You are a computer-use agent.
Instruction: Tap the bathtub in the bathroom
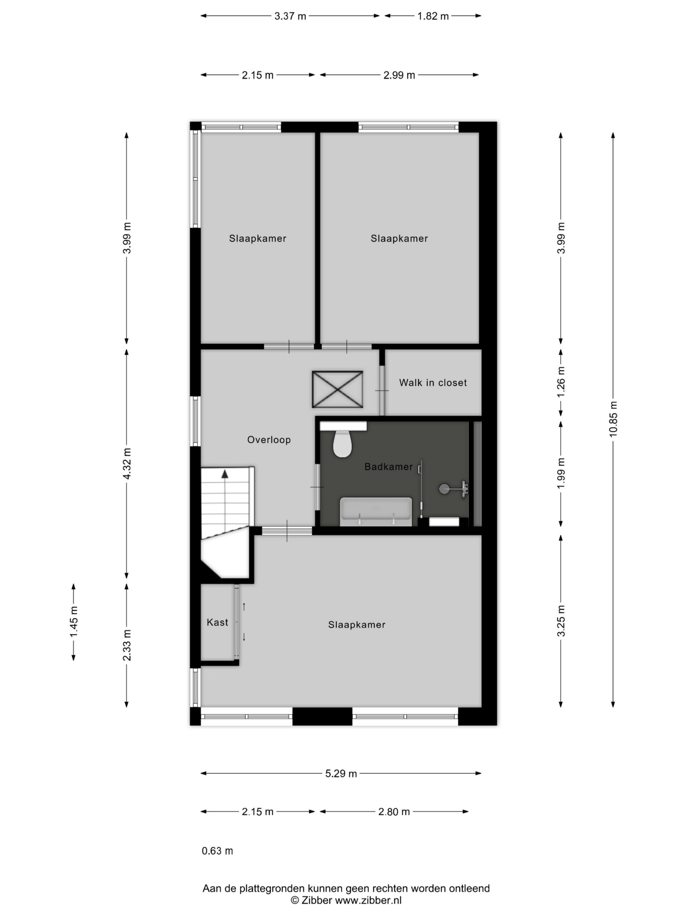point(376,512)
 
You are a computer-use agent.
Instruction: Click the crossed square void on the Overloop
point(337,389)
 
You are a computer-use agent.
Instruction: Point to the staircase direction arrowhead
point(225,474)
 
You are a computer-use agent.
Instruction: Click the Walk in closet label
point(433,383)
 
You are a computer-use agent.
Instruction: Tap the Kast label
point(218,622)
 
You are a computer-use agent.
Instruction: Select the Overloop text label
point(269,440)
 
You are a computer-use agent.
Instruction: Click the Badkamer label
point(389,467)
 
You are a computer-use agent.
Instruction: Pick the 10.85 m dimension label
point(613,419)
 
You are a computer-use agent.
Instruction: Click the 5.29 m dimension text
point(341,774)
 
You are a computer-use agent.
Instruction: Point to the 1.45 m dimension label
point(74,622)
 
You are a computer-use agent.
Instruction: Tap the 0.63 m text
point(218,851)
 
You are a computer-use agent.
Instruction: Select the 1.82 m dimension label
point(433,16)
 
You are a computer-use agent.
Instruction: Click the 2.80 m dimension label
point(394,812)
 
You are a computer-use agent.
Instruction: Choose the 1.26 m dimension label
point(561,382)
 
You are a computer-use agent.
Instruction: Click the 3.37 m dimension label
point(290,16)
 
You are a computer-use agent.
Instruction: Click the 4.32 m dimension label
point(127,463)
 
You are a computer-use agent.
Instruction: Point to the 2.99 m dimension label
point(399,75)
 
